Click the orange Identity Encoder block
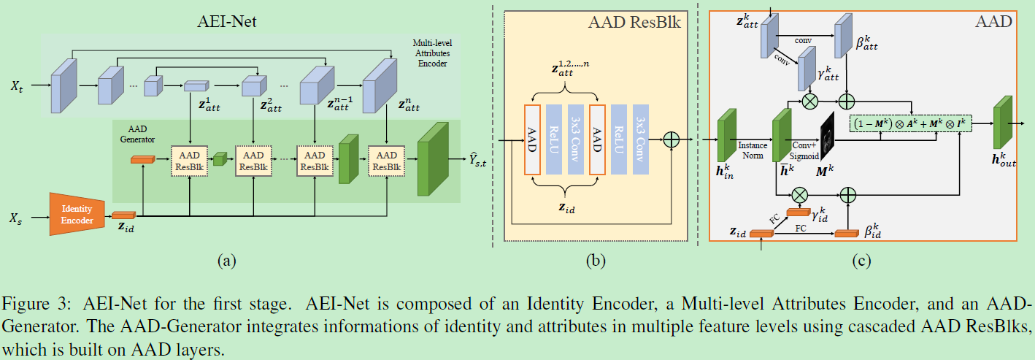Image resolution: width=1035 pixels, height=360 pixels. pyautogui.click(x=77, y=214)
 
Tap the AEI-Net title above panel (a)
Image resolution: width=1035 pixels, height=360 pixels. pyautogui.click(x=226, y=21)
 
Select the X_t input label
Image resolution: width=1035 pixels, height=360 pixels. pyautogui.click(x=17, y=86)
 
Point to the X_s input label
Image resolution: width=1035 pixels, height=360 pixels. pyautogui.click(x=16, y=218)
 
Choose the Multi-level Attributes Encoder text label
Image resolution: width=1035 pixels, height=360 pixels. pyautogui.click(x=433, y=53)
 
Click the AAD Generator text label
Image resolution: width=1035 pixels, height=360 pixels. pyautogui.click(x=137, y=134)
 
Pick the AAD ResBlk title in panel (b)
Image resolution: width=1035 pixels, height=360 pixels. pyautogui.click(x=634, y=22)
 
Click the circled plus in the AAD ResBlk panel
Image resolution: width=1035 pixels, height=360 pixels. pyautogui.click(x=671, y=139)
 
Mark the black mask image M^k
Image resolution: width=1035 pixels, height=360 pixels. pyautogui.click(x=828, y=136)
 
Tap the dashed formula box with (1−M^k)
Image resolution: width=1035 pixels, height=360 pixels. pyautogui.click(x=911, y=123)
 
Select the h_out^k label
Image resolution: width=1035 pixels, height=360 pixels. pyautogui.click(x=1004, y=159)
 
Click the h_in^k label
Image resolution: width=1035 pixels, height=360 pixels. pyautogui.click(x=725, y=171)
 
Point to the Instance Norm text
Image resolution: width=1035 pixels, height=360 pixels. pyautogui.click(x=753, y=150)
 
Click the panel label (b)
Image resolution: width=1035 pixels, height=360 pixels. pyautogui.click(x=596, y=261)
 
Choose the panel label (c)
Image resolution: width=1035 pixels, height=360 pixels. pyautogui.click(x=862, y=261)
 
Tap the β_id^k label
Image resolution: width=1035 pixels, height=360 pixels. pyautogui.click(x=873, y=231)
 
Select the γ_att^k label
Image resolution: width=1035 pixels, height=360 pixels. pyautogui.click(x=828, y=72)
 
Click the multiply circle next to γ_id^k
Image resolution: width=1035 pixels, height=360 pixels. pyautogui.click(x=800, y=195)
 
